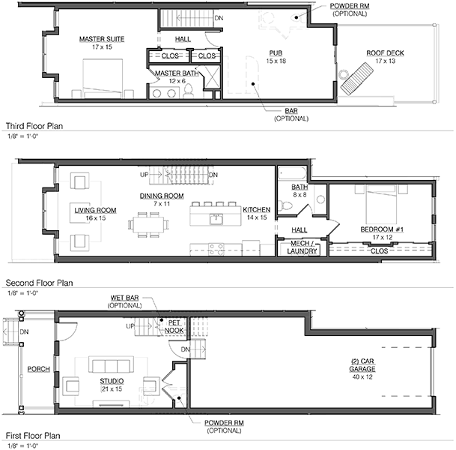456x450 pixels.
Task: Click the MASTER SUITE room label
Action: (102, 39)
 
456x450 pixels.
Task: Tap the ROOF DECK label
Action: (385, 53)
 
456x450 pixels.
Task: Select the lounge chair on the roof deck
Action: (357, 79)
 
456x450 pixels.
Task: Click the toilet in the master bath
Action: (189, 91)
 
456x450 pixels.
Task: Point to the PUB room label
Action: (276, 53)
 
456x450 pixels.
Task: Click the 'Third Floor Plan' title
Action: (34, 126)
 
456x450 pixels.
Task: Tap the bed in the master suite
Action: (103, 78)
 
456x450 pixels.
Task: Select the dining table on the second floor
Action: (148, 224)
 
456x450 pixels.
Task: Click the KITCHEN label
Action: (257, 210)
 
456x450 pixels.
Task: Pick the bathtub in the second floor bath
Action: (292, 172)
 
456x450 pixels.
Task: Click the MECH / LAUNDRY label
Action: (302, 247)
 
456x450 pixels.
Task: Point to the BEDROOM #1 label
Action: (382, 229)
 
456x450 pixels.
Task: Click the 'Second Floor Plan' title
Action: (39, 283)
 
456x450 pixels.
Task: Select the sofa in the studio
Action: (111, 364)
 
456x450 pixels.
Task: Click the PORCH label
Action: (38, 369)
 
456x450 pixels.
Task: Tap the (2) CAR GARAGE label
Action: (362, 365)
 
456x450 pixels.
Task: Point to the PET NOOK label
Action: (174, 326)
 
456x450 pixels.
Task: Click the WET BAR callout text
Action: (124, 298)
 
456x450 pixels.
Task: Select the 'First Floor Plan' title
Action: (33, 436)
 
